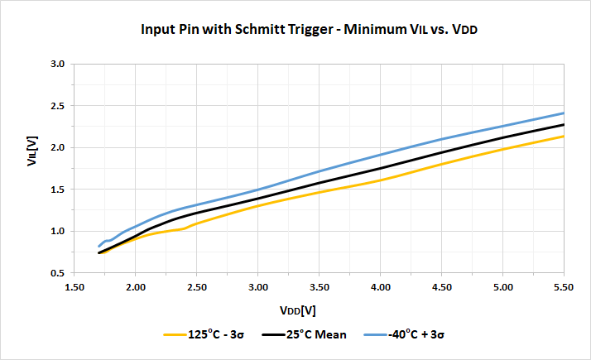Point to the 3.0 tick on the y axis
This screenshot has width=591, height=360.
[57, 64]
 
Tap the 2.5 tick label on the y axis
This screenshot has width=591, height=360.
[57, 106]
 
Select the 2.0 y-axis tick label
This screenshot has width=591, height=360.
[57, 147]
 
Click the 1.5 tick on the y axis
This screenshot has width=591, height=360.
[57, 190]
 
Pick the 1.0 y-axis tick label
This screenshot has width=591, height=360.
[57, 231]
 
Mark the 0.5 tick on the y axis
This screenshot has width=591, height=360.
[57, 273]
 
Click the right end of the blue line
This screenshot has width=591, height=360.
[563, 113]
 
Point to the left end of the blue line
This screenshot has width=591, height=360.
[99, 246]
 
